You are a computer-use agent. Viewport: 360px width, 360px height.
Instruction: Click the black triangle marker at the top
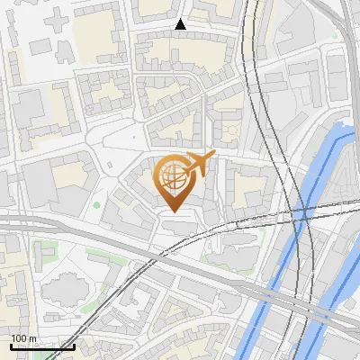[180, 25]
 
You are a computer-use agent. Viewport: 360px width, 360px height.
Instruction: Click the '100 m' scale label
[23, 337]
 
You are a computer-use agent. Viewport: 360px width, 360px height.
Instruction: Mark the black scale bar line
[42, 346]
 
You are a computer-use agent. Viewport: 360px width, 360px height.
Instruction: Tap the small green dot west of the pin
[96, 204]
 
